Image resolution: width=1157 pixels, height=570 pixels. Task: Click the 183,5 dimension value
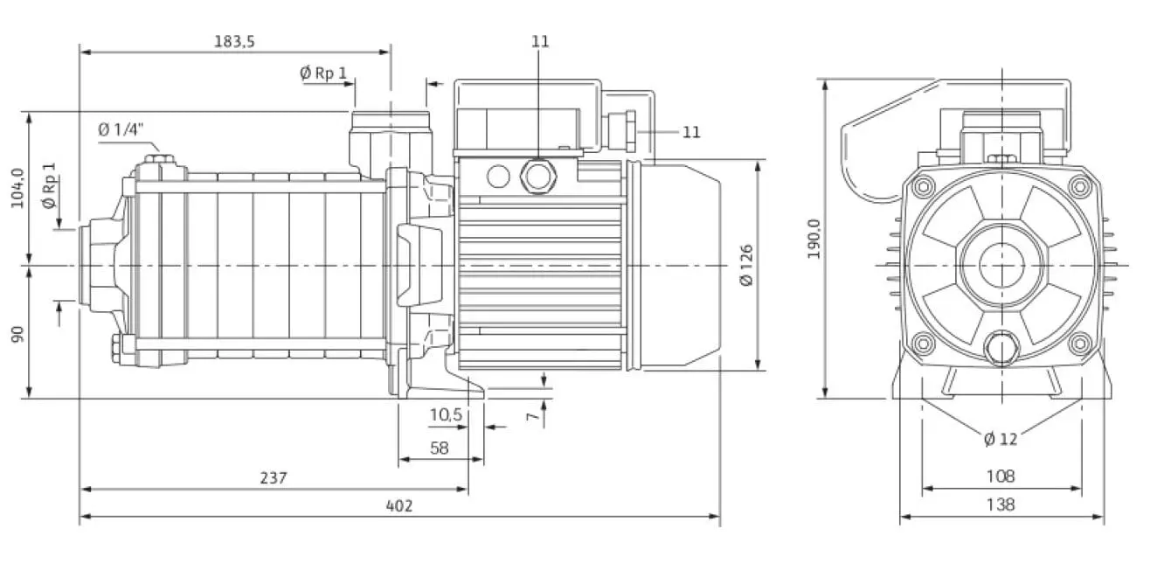[234, 41]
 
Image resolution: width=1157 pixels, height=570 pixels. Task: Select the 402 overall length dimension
[399, 505]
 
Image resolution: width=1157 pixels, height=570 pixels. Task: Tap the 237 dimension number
[274, 477]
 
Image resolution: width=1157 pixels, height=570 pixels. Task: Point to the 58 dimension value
[439, 448]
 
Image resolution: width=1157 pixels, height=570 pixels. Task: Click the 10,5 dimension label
[447, 414]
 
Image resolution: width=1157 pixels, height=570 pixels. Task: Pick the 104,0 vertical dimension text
[17, 188]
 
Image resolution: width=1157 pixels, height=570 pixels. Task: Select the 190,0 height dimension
[814, 239]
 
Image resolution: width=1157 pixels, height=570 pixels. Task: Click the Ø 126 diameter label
[746, 265]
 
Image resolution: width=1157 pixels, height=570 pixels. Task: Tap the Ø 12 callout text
[1001, 439]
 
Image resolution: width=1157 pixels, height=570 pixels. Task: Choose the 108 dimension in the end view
[1001, 476]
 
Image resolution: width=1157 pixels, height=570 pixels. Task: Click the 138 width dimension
[1001, 504]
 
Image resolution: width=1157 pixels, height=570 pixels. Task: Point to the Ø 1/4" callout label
[121, 129]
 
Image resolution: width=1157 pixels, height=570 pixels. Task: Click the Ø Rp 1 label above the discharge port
[323, 73]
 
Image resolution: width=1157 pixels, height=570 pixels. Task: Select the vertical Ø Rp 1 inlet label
[49, 185]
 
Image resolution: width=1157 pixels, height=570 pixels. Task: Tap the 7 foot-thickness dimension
[532, 416]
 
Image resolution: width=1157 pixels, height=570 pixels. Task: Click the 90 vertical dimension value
[17, 334]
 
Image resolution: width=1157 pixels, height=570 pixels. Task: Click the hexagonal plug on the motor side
[537, 177]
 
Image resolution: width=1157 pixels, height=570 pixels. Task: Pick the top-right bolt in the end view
[1079, 186]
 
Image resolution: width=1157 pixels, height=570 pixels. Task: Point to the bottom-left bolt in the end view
[923, 344]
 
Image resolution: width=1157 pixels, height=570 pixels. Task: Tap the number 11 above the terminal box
[540, 41]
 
